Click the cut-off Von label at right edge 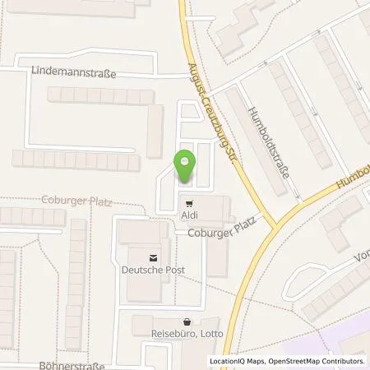click(x=362, y=256)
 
